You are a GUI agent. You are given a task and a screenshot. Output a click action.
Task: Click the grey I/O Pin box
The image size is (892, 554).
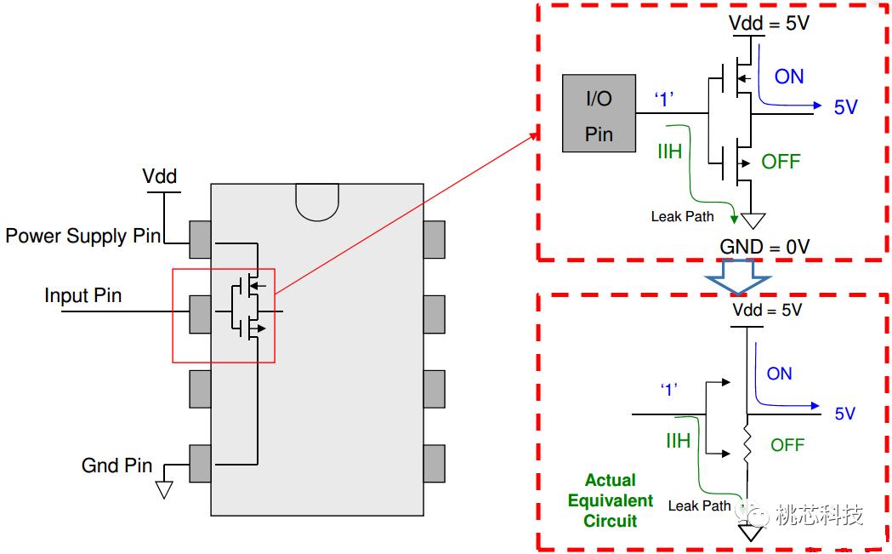point(599,113)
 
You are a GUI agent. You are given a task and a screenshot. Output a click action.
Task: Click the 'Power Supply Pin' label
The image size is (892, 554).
point(82,236)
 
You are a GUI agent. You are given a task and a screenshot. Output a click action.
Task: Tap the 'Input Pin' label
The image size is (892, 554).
point(82,296)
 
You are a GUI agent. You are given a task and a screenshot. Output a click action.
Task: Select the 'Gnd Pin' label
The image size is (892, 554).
point(116,465)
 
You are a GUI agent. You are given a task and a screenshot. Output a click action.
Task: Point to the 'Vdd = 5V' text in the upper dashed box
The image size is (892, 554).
point(769,23)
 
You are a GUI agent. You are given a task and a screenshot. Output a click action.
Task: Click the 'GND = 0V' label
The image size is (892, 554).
point(764,247)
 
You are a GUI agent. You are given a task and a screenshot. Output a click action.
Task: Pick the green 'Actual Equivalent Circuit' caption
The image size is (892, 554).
point(611,500)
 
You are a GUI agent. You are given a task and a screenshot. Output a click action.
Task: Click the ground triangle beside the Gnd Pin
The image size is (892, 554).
point(164,489)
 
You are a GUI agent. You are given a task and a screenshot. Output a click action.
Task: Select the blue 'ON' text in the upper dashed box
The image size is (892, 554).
point(788,77)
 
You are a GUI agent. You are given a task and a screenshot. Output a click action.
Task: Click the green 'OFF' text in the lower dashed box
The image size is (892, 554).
point(787,445)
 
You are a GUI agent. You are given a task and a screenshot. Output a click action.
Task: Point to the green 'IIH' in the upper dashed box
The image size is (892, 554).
point(670,152)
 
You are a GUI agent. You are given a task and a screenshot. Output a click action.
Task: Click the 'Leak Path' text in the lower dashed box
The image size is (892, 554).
point(699,505)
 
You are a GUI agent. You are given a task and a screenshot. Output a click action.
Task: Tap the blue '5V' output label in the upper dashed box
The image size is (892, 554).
point(845,107)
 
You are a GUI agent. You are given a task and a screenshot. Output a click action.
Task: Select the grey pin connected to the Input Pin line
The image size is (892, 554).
point(200,312)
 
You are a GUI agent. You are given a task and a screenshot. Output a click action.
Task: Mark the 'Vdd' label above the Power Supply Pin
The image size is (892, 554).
point(160,176)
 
